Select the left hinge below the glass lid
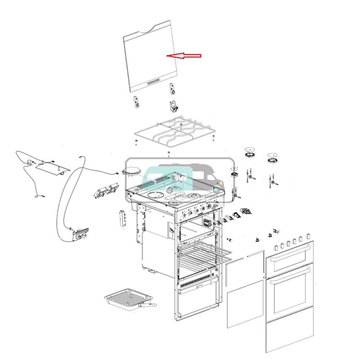point(136,102)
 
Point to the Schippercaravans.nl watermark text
point(199,196)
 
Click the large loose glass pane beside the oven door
point(245,304)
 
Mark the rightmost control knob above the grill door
point(308,237)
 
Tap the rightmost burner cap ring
point(273,157)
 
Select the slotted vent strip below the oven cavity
point(194,282)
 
